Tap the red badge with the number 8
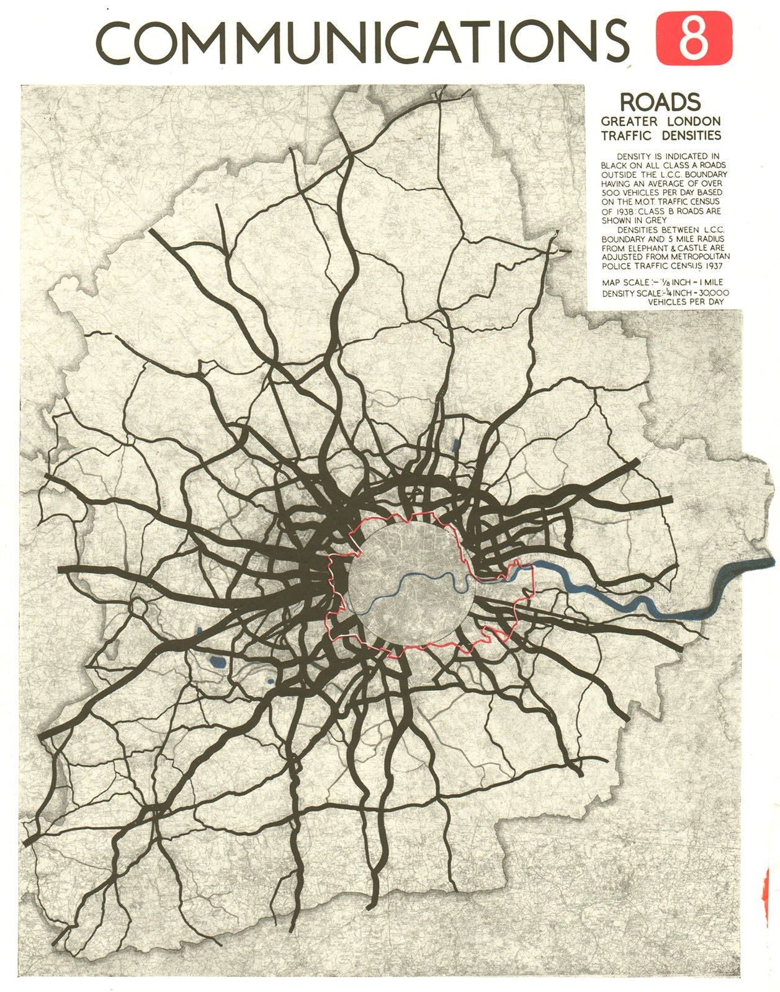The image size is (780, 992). pyautogui.click(x=694, y=38)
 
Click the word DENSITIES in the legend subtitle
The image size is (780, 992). pyautogui.click(x=690, y=135)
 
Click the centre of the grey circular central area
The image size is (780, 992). pyautogui.click(x=411, y=584)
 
